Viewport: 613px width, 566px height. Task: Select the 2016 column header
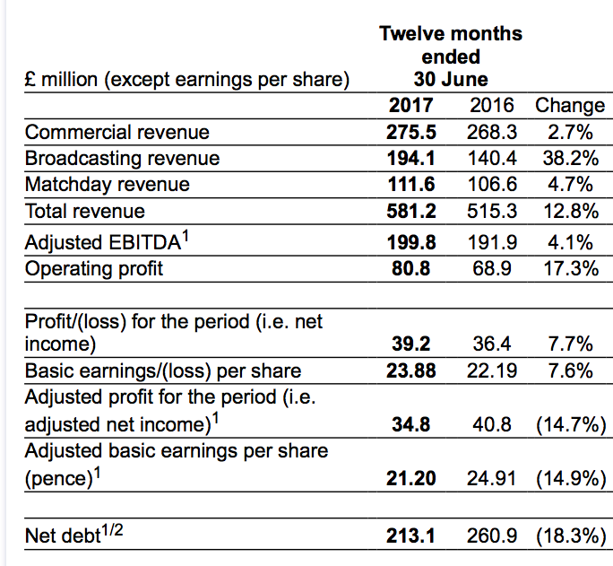point(492,105)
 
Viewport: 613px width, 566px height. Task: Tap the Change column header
point(570,105)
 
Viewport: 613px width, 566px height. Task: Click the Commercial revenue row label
point(117,133)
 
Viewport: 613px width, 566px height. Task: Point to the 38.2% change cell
point(570,159)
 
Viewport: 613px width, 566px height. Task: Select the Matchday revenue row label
point(108,185)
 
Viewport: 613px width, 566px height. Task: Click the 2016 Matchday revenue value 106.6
point(492,185)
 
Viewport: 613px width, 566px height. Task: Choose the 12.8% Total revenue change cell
point(570,212)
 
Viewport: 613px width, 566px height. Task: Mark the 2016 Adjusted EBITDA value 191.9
point(492,243)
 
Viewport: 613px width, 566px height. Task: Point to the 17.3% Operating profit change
point(570,268)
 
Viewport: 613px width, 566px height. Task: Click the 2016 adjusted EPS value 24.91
point(492,478)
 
